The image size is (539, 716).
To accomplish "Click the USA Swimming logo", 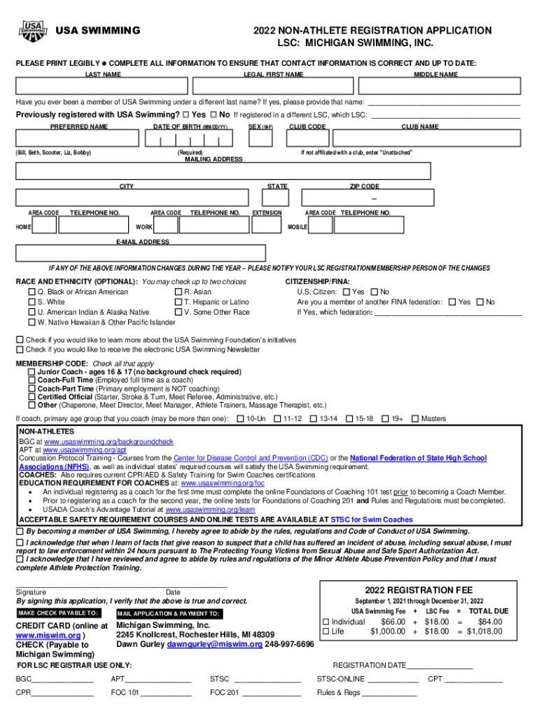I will point(33,31).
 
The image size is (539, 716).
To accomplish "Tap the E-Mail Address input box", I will point(141,253).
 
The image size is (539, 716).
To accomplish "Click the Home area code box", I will point(45,225).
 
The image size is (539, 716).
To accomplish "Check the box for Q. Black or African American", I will point(31,292).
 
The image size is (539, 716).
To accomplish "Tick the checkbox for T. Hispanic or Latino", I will point(178,302).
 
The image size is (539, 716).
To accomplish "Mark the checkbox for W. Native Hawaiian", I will point(31,322).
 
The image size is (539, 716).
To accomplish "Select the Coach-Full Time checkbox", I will point(31,380).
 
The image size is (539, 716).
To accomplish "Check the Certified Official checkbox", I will point(31,396).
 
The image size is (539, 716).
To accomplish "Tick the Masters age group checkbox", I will point(415,419).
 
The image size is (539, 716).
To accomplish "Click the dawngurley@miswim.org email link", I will point(213,644).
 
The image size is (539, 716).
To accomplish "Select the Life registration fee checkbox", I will point(325,631).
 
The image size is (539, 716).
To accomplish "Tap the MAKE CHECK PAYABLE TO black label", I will point(58,613).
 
